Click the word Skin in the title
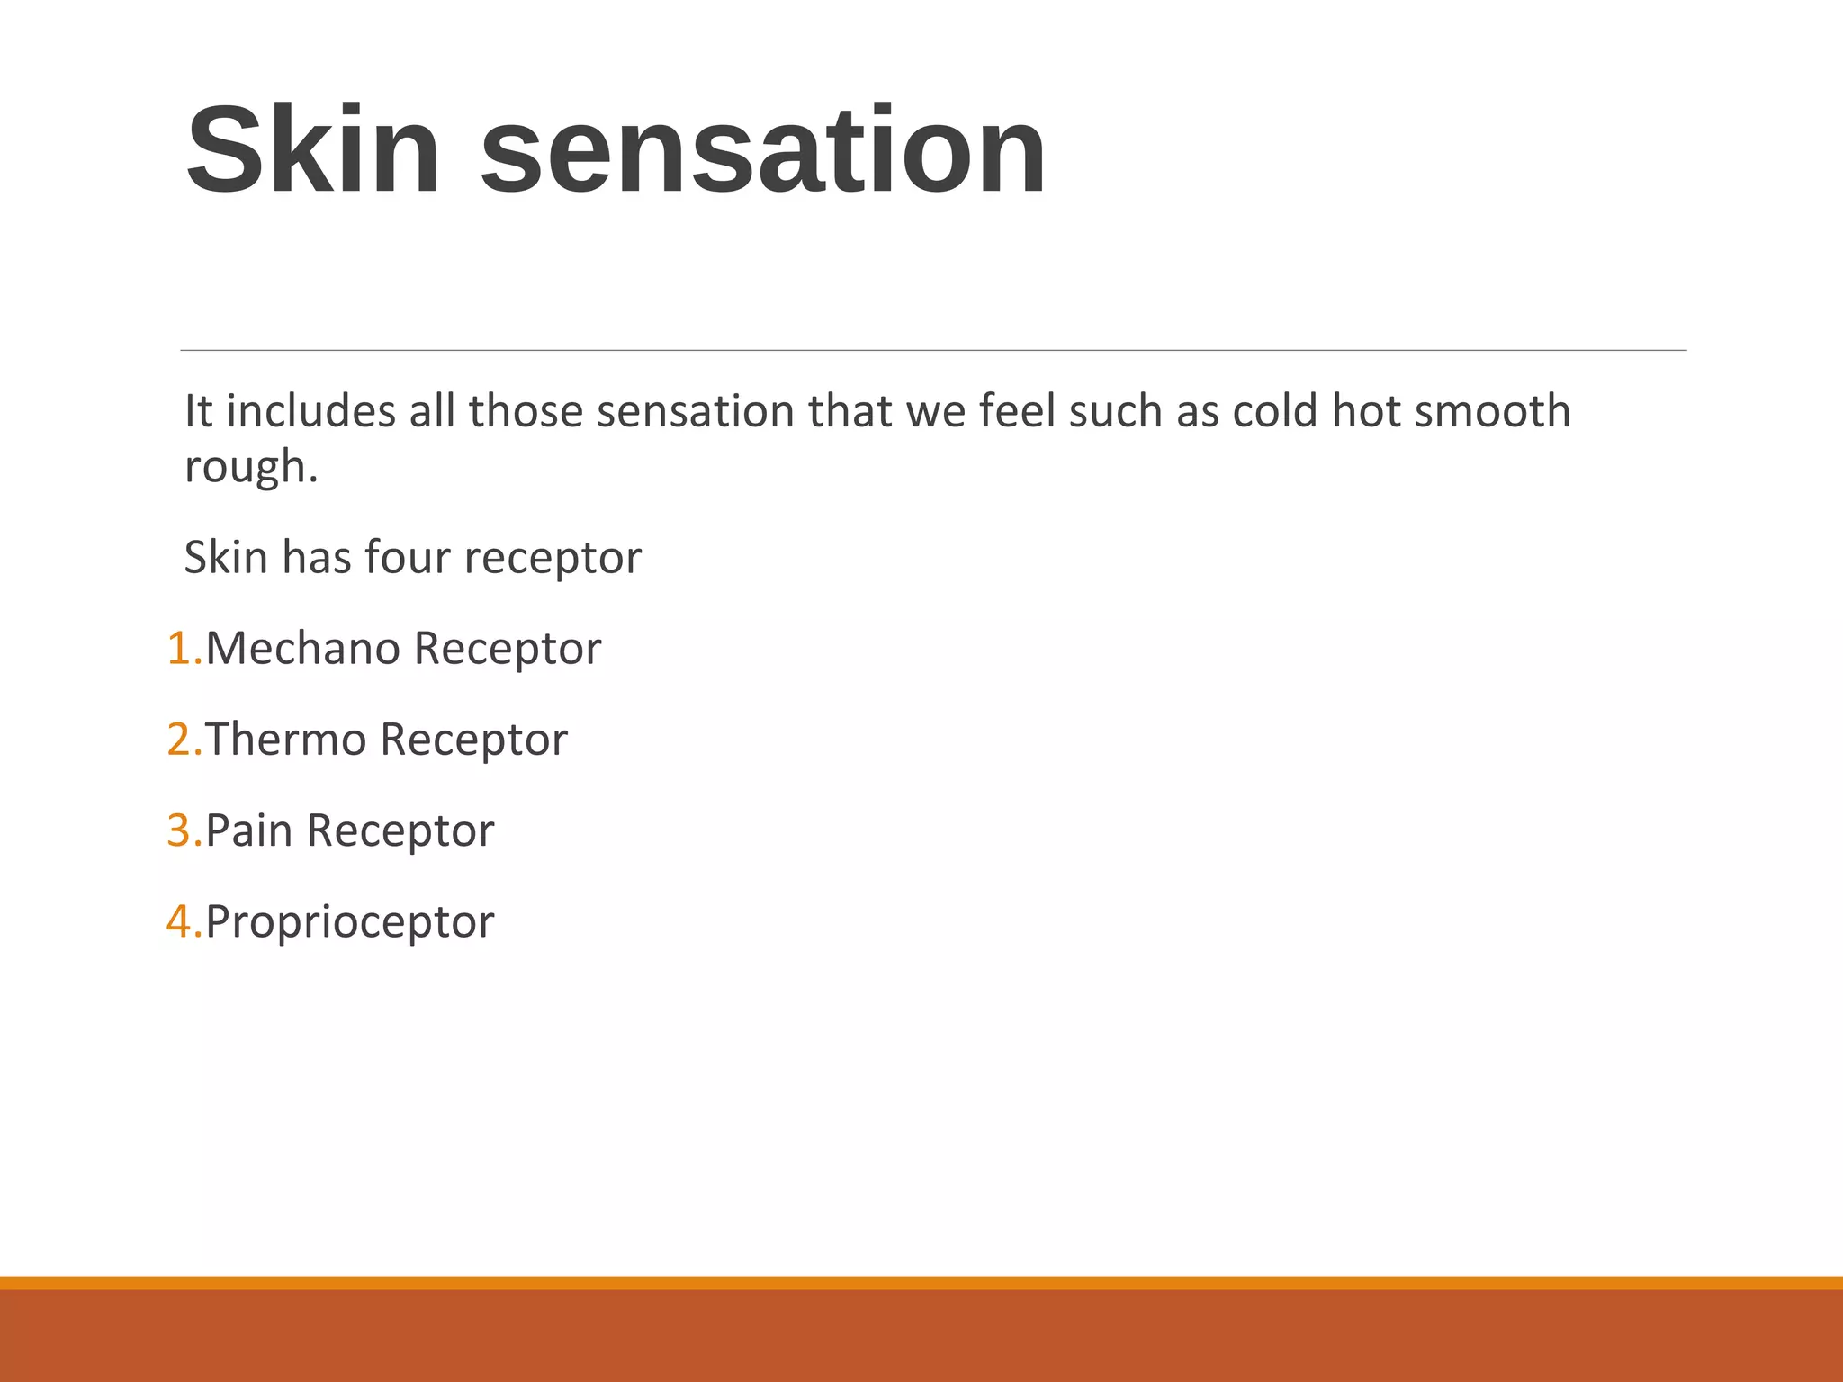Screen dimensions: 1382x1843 pos(313,150)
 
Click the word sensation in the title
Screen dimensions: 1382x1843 pos(763,150)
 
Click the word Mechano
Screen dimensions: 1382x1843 pos(302,648)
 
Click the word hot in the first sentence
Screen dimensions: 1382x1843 pos(1366,411)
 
